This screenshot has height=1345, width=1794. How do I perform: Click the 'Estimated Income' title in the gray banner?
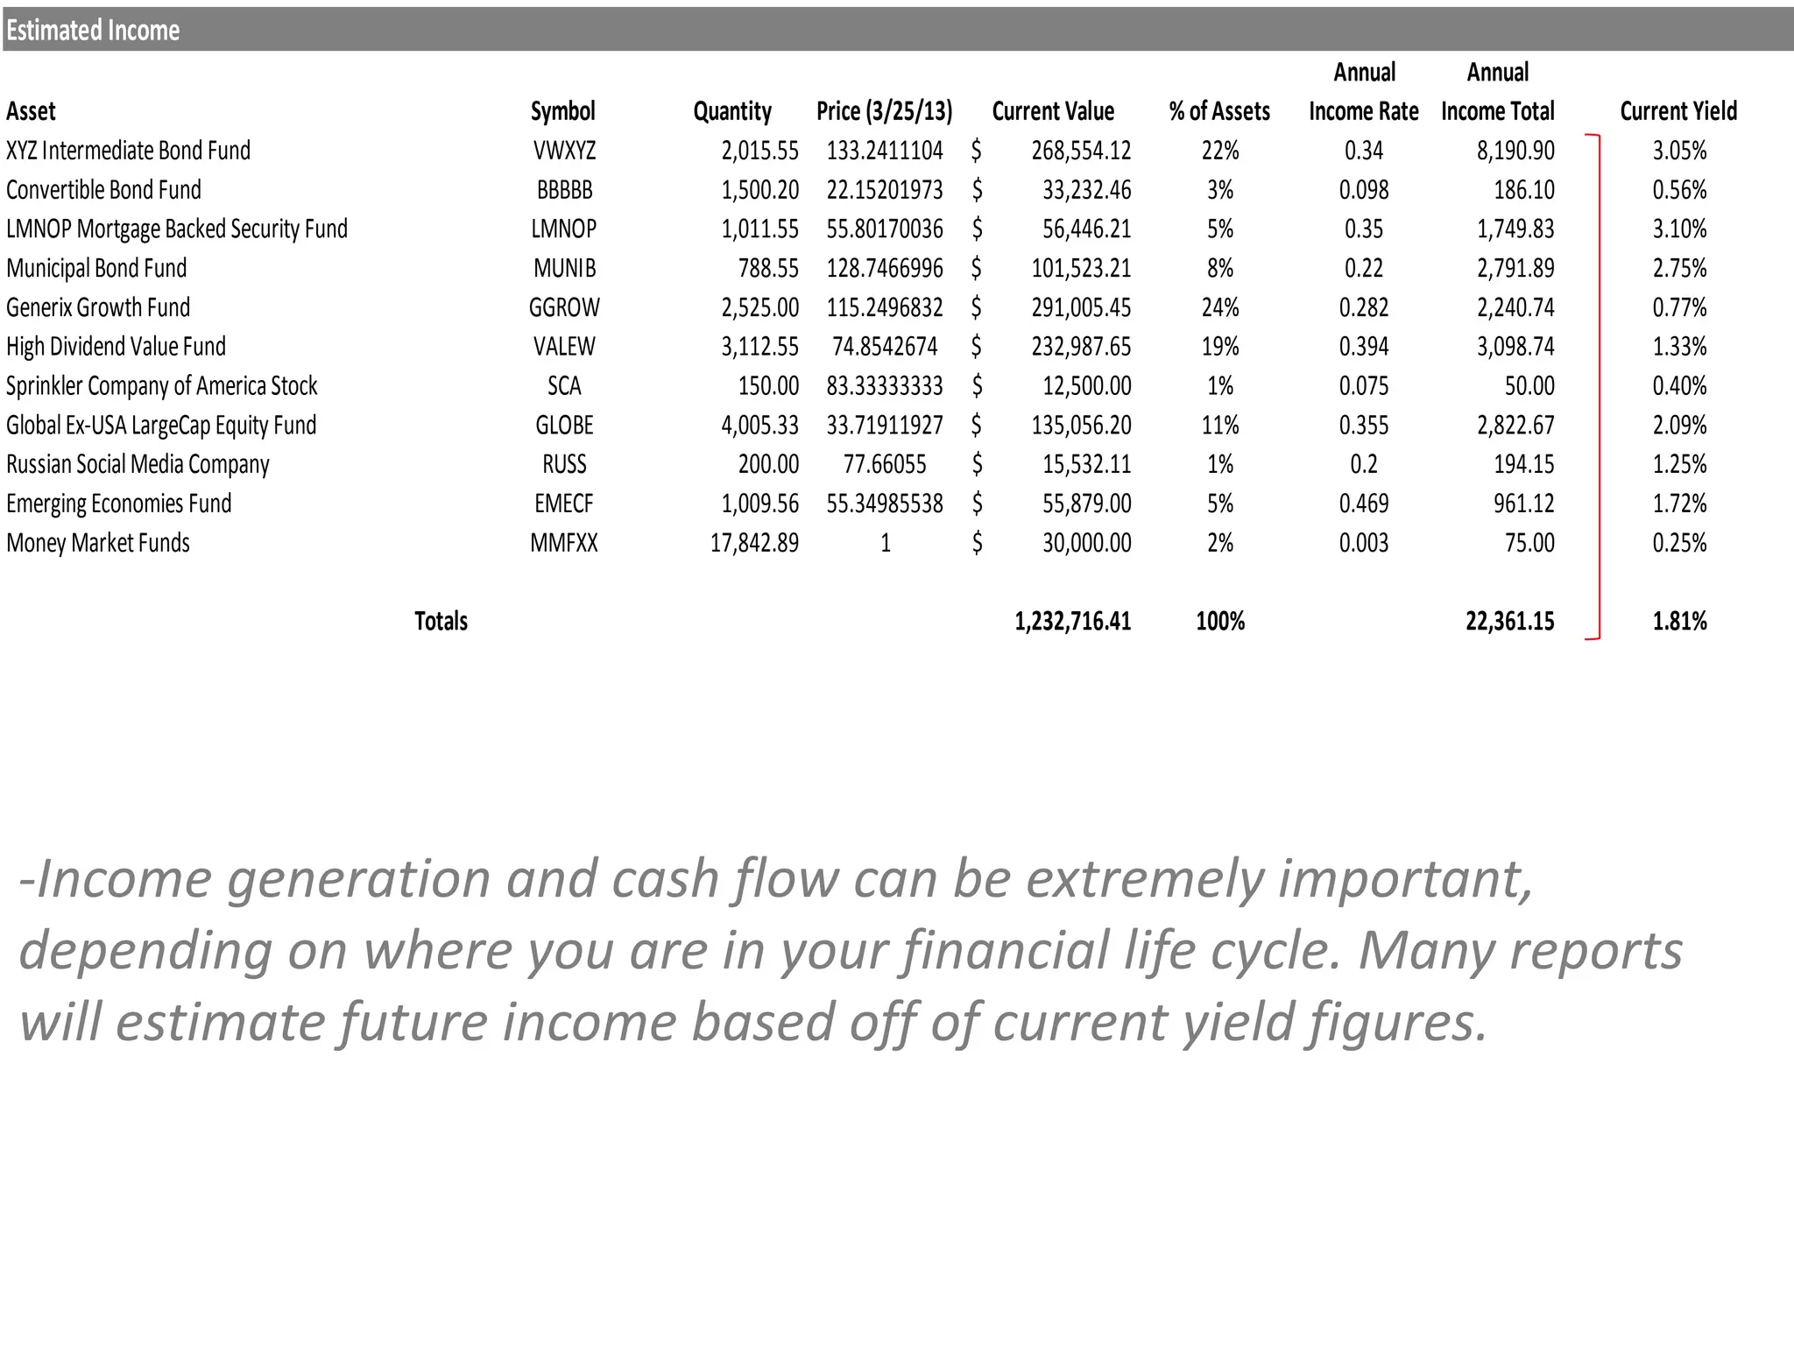coord(93,31)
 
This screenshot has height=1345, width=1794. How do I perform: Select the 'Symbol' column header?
coord(562,111)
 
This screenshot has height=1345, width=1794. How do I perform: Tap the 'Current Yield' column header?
coord(1677,111)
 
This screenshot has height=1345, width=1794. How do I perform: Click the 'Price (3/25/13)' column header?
coord(884,111)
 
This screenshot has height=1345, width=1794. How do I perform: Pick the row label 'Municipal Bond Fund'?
coord(96,268)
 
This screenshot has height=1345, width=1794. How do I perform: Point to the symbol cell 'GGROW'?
coord(564,307)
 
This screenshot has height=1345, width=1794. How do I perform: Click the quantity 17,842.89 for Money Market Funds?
coord(754,543)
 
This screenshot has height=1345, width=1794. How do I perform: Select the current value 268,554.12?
coord(1081,151)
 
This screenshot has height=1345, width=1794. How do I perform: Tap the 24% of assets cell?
coord(1219,307)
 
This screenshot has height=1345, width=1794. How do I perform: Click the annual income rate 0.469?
coord(1363,503)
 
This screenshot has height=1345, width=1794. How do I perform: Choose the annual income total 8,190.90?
coord(1515,151)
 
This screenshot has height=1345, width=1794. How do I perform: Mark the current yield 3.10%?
coord(1679,229)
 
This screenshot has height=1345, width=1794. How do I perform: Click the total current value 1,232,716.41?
coord(1072,622)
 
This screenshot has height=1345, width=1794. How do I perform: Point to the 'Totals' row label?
coord(441,622)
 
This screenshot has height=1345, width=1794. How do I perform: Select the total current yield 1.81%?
coord(1679,622)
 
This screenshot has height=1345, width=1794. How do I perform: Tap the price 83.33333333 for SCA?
coord(885,386)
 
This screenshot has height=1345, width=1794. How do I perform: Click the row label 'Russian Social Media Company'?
coord(138,464)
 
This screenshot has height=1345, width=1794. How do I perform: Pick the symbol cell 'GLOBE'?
coord(564,426)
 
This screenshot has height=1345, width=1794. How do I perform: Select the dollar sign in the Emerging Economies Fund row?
coord(977,503)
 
